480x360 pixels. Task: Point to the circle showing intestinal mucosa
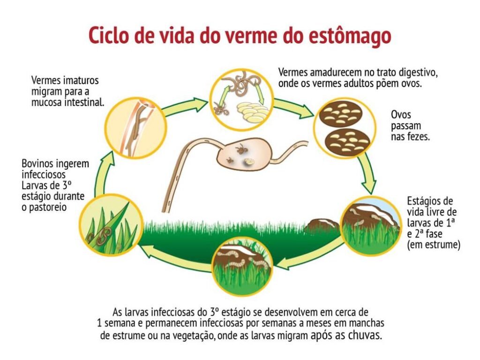tap(135, 125)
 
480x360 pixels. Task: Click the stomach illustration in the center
tap(243, 153)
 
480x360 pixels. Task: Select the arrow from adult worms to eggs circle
tap(293, 108)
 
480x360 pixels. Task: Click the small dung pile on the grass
tap(321, 227)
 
